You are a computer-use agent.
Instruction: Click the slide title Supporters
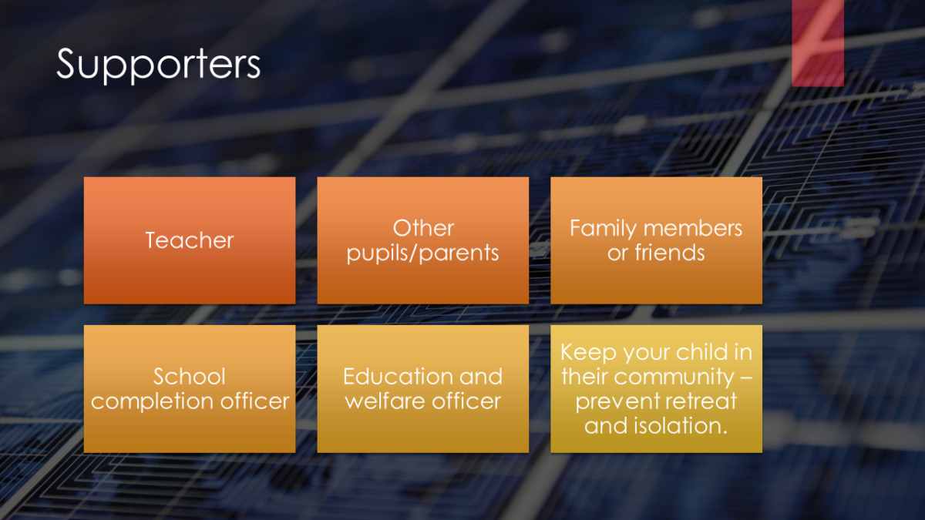(x=158, y=65)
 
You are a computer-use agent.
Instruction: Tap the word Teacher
(x=190, y=240)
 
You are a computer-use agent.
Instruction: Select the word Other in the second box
(x=423, y=228)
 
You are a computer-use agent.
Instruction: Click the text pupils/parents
(x=423, y=253)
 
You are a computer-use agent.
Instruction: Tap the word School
(x=190, y=377)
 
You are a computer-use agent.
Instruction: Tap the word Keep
(x=589, y=353)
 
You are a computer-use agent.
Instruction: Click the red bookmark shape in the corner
(x=818, y=42)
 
